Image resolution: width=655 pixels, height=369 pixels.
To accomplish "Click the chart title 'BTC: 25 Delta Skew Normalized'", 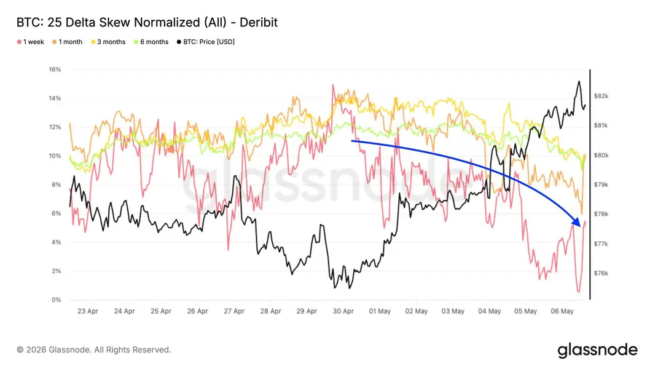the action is coord(109,22).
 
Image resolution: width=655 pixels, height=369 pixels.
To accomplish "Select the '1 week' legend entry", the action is coord(31,42).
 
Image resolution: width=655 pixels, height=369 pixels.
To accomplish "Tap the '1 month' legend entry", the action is coord(67,42).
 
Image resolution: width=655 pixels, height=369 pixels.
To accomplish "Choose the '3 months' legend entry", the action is coord(108,42).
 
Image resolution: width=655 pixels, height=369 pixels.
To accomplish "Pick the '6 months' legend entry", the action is coord(151,42).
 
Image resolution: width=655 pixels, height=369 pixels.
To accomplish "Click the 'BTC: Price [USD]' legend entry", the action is coord(206,42).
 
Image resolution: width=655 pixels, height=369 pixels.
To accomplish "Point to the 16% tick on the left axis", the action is coord(55,69).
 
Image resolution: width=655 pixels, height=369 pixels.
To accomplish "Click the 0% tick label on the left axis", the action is coord(57,300).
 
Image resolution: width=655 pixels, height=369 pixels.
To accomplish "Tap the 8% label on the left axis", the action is coord(57,184).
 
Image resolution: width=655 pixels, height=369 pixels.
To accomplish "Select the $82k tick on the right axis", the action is coord(601,96).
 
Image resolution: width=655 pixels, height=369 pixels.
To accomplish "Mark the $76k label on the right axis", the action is coord(601,273).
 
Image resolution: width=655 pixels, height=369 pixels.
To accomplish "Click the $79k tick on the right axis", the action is coord(601,184).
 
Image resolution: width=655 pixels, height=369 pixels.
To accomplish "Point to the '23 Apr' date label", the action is coord(88,311).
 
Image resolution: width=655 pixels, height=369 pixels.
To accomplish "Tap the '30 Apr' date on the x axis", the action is coord(343,311).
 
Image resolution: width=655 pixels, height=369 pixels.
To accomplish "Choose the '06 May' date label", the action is coord(562,311).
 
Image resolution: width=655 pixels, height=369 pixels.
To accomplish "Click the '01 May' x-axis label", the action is coord(380,311).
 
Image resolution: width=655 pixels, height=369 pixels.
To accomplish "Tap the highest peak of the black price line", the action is coord(579,81).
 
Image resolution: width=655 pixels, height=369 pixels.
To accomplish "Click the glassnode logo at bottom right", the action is coord(598,350).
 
